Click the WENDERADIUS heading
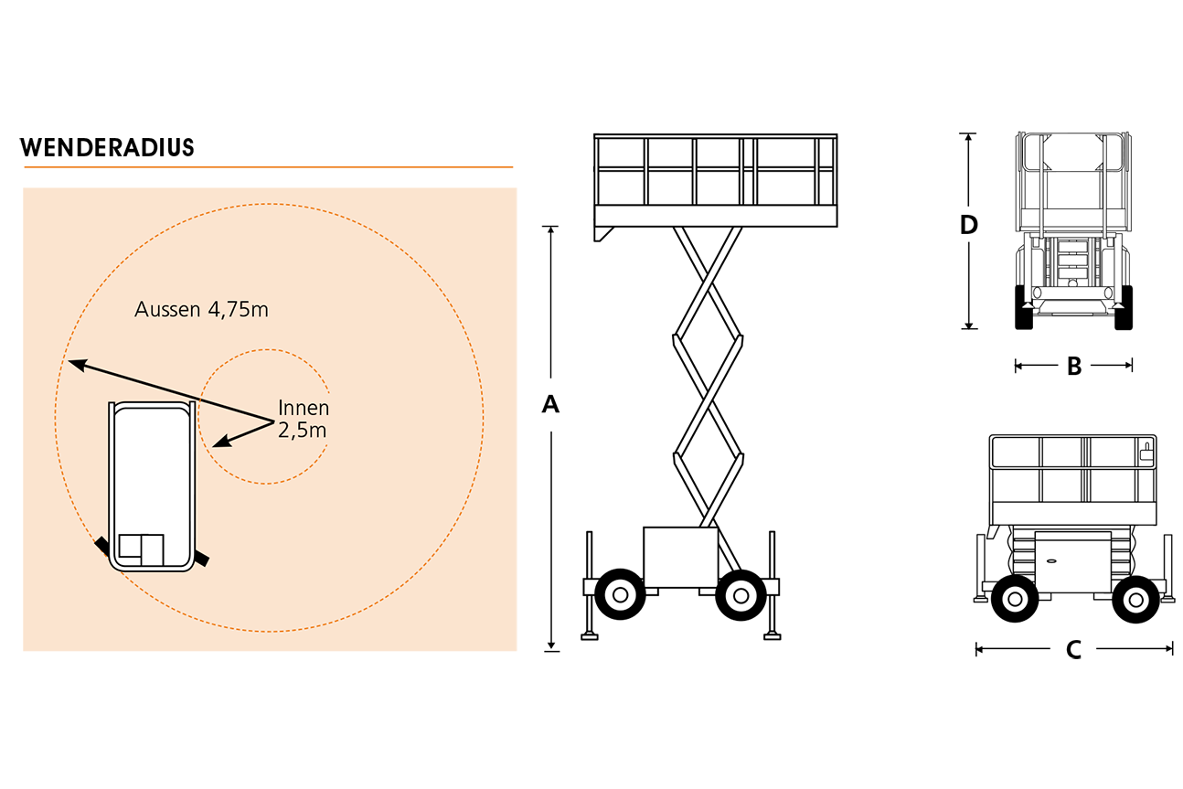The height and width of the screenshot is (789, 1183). point(107,147)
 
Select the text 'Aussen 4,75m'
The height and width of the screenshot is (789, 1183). point(201,309)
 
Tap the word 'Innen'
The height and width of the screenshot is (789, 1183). point(304,408)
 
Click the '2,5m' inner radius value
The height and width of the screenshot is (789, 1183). point(302,431)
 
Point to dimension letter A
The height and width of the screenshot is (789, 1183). point(550,404)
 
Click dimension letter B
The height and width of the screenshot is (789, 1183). point(1074,366)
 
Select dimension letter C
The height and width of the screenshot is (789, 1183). point(1073,650)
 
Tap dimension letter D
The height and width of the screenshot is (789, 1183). point(968,225)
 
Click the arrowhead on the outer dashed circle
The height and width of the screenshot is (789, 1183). point(77,364)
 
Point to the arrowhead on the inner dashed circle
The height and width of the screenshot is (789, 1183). point(222,441)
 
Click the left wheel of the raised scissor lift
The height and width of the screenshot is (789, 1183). point(620,594)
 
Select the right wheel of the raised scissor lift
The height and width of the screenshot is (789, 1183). point(741,595)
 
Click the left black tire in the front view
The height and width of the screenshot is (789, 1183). point(1024,307)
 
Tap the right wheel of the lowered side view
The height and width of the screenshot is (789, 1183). point(1136,600)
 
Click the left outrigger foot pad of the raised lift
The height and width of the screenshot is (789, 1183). point(590,636)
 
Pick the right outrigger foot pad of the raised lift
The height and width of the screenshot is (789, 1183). point(773,636)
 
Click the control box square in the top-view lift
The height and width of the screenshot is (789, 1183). point(141,549)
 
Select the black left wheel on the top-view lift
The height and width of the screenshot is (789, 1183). point(101,546)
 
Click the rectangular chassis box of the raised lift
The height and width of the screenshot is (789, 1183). point(681,557)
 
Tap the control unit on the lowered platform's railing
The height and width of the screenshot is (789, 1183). point(1146,452)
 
